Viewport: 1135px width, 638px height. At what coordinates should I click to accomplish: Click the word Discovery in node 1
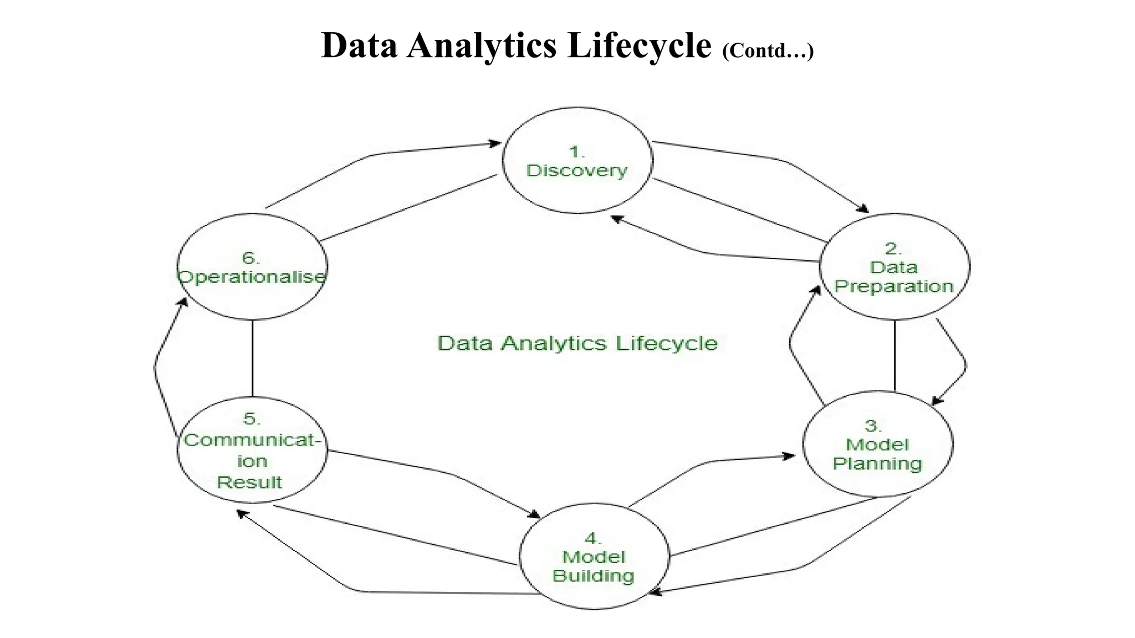(x=576, y=171)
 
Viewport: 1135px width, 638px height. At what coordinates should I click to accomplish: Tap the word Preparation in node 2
(x=893, y=287)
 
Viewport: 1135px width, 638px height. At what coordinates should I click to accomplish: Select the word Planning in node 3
(x=877, y=464)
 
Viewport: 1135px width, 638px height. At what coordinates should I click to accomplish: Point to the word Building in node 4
(x=593, y=576)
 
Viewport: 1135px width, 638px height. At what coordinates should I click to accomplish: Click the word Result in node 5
(x=249, y=482)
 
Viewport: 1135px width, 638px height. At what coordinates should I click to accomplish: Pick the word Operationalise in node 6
(x=252, y=277)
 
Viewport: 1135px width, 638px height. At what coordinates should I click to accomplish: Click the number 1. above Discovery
(x=577, y=152)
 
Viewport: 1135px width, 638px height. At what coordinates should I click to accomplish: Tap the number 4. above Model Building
(x=592, y=538)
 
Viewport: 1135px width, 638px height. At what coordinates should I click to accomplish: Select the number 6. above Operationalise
(x=250, y=258)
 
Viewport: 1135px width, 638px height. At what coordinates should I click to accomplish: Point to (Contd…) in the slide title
(x=768, y=51)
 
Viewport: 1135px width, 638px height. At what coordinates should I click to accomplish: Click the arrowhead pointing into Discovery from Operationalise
(x=495, y=143)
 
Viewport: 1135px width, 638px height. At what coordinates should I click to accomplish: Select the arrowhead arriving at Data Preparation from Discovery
(x=863, y=209)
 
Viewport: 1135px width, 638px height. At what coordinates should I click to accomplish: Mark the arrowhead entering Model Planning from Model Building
(x=789, y=456)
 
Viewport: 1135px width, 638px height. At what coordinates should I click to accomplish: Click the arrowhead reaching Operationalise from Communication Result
(x=183, y=302)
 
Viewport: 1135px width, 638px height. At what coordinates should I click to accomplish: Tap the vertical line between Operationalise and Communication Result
(x=253, y=358)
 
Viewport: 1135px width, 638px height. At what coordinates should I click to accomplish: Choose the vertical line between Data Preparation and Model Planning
(x=894, y=355)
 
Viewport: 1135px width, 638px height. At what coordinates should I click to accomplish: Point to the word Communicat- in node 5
(x=252, y=440)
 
